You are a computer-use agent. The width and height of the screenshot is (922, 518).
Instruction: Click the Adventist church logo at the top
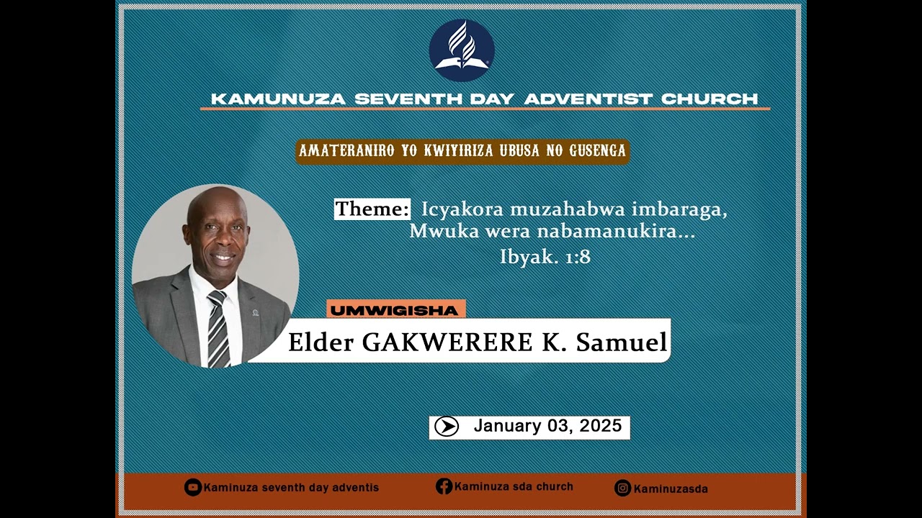(462, 50)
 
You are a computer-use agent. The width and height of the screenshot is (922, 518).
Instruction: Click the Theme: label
(372, 209)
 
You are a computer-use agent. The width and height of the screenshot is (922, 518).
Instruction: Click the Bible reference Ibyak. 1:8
(545, 257)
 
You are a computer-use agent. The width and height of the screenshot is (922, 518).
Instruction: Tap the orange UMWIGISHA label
(395, 310)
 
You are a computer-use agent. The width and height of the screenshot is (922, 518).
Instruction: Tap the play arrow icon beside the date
(447, 427)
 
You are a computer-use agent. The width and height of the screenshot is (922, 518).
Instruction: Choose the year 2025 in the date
(601, 426)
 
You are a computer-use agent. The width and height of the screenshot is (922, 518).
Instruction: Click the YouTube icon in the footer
(192, 487)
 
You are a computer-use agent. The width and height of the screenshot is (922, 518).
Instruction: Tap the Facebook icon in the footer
(444, 486)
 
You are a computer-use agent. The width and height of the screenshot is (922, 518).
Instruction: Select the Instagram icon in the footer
(622, 488)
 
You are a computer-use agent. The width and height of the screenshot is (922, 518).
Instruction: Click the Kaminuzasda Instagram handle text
(671, 489)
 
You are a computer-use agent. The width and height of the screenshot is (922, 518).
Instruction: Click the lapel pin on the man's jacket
(255, 313)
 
